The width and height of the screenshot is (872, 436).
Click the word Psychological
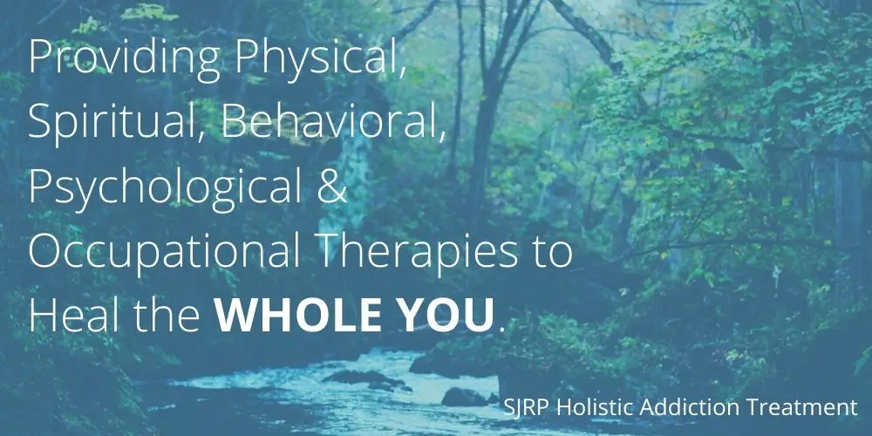click(166, 188)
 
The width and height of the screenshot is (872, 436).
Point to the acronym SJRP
click(528, 407)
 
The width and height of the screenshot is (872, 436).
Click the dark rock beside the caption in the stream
click(466, 397)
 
